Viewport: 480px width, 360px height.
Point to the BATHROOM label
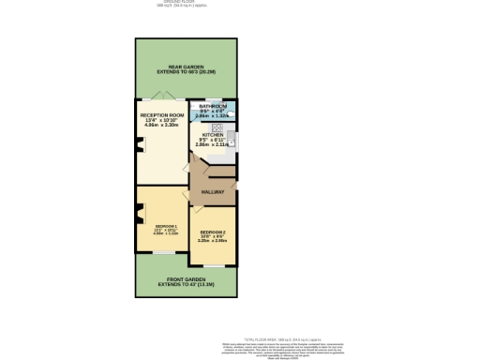point(212,110)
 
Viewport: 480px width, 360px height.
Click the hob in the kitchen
point(217,127)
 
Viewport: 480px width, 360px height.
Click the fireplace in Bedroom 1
point(140,217)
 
